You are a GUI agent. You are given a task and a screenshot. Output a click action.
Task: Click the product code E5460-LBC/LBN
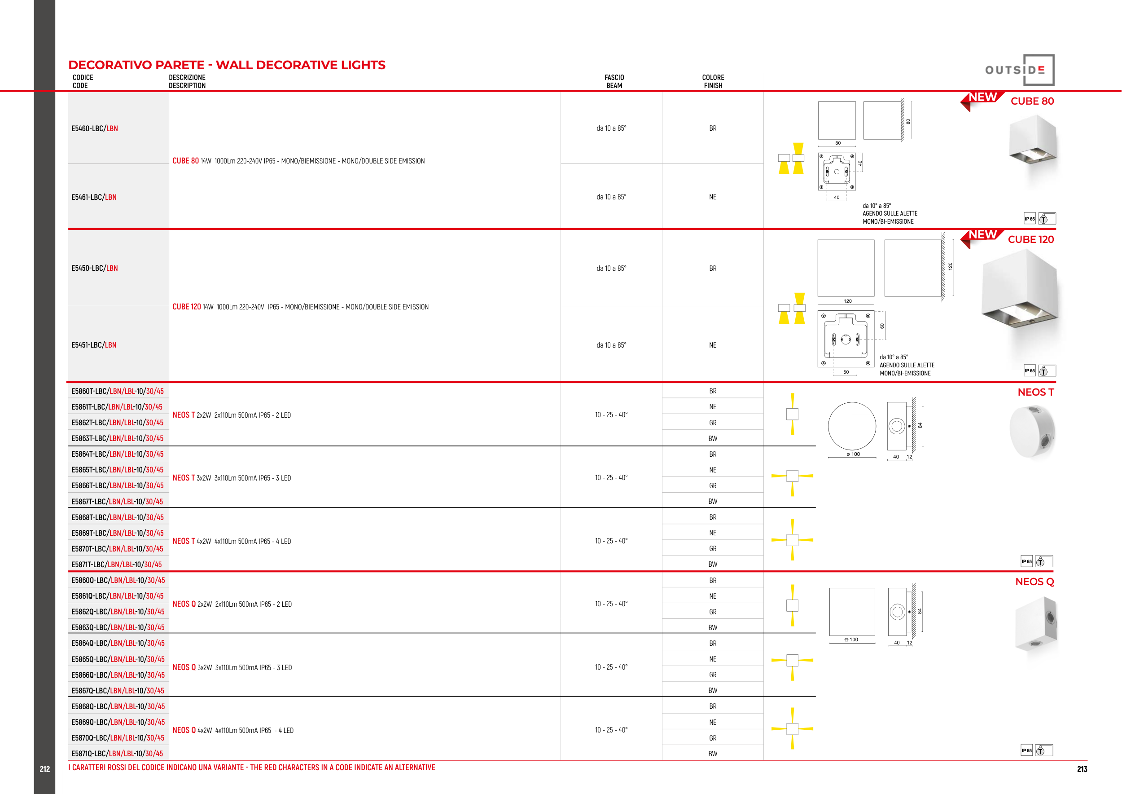coord(94,128)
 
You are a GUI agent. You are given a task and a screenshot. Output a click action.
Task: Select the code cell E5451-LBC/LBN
coord(94,345)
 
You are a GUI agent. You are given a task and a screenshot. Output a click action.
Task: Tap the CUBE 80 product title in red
coord(1032,101)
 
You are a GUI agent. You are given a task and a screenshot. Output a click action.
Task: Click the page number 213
coord(1082,769)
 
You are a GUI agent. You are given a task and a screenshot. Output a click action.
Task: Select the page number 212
coord(45,769)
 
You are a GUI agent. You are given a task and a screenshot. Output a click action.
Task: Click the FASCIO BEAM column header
coord(614,81)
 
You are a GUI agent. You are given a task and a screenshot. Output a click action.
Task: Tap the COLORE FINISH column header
coord(713,81)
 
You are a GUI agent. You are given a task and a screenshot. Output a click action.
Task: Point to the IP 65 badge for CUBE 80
coord(1030,219)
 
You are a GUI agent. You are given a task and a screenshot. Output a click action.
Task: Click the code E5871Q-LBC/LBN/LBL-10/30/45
coord(117,754)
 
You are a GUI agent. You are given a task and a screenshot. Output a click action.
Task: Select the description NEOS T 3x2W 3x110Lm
coord(232,478)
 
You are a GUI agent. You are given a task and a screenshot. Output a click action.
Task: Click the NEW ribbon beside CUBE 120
coord(982,236)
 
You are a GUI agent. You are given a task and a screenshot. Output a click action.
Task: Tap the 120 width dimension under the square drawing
coord(847,301)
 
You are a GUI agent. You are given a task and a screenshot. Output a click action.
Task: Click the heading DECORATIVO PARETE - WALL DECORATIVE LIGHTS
coord(227,65)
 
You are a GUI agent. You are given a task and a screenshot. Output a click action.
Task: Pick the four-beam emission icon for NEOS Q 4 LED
coord(792,728)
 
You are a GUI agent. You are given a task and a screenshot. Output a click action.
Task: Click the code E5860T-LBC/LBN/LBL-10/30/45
coord(117,391)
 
